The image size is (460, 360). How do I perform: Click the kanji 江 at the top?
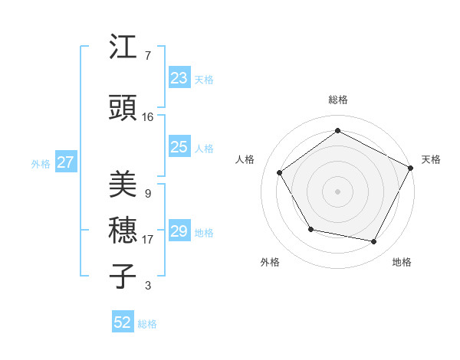(123, 49)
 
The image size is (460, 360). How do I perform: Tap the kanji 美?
(123, 185)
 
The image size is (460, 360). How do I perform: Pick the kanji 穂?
(123, 231)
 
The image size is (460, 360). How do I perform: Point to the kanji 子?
(123, 276)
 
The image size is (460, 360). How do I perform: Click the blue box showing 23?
(179, 77)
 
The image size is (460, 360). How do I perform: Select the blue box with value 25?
(179, 147)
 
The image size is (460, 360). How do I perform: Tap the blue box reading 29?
(179, 231)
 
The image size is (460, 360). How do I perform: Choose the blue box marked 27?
(65, 162)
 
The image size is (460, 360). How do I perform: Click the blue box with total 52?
(123, 322)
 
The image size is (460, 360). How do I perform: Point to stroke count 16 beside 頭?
(147, 117)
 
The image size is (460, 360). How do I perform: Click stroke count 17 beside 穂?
(147, 240)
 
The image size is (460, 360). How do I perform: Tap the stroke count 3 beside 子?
(147, 286)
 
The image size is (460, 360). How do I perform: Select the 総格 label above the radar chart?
(338, 100)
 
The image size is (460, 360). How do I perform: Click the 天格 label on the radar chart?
(431, 159)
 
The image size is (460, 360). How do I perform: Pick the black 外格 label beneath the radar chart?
(270, 262)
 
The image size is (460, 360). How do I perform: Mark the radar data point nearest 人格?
(280, 172)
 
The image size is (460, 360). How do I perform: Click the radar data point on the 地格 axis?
(374, 242)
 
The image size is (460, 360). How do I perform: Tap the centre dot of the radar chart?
(338, 191)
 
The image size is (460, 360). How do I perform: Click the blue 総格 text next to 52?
(147, 324)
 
